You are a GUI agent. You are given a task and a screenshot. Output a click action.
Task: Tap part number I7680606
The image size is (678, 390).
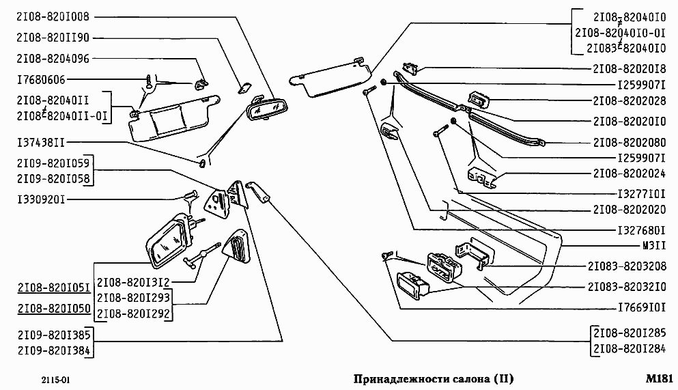tap(41, 80)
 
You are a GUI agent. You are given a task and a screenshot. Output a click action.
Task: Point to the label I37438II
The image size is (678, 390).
tap(41, 143)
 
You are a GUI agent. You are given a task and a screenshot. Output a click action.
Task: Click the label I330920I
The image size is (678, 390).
tap(41, 199)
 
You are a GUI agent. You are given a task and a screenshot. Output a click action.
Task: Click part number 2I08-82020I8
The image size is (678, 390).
tap(629, 69)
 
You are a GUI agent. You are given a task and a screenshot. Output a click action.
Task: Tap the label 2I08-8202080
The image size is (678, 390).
tap(629, 143)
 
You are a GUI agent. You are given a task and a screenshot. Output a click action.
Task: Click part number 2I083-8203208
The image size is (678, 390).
tap(625, 266)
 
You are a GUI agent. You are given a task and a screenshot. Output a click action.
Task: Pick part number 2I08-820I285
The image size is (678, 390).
tap(629, 333)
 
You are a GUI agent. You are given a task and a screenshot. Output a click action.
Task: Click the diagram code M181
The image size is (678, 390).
tap(660, 378)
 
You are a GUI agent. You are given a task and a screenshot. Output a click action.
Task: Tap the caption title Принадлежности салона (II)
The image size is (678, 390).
tap(433, 378)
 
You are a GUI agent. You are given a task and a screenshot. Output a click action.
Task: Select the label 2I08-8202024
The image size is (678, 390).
tap(629, 173)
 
